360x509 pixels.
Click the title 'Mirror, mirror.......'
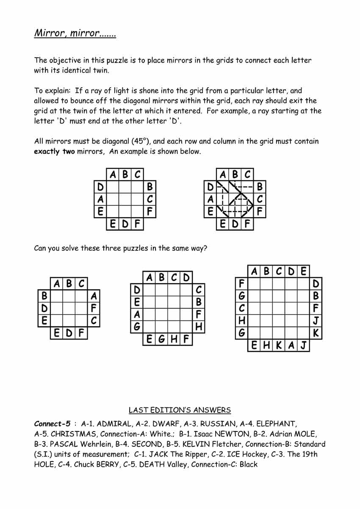[x=75, y=33]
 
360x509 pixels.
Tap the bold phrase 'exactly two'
[x=54, y=152]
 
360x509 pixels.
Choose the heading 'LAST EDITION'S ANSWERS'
[x=180, y=410]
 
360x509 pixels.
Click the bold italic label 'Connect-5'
[x=52, y=423]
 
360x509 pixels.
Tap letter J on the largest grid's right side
[x=316, y=321]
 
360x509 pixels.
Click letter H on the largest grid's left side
[x=241, y=321]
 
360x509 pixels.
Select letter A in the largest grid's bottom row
[x=291, y=346]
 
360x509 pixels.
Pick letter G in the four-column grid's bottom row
[x=161, y=339]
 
